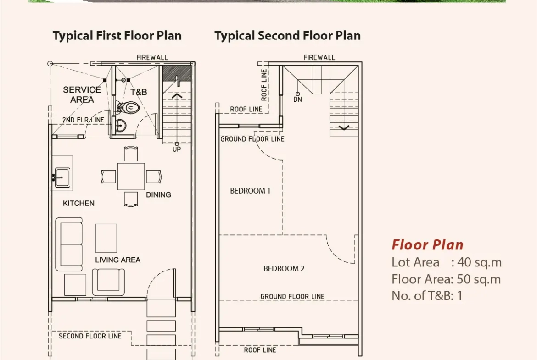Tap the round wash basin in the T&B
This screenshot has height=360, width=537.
[x=120, y=126]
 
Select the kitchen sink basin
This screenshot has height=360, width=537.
[x=62, y=177]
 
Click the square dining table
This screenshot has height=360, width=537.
[x=131, y=177]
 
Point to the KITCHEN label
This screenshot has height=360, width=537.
[x=78, y=203]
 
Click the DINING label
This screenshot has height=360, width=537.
[x=158, y=195]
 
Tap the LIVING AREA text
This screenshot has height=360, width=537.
[x=117, y=260]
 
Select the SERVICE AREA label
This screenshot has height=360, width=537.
[x=82, y=95]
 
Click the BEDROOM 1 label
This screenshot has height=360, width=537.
[x=250, y=191]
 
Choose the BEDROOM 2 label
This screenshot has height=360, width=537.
[x=284, y=269]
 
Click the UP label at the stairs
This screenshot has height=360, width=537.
[x=177, y=150]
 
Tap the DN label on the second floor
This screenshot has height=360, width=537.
[x=297, y=100]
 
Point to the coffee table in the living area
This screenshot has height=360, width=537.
[x=106, y=238]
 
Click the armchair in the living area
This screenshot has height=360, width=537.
[x=108, y=282]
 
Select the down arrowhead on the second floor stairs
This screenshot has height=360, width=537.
[x=344, y=128]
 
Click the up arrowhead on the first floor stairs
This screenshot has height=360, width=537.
[x=177, y=95]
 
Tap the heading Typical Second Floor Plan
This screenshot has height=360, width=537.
[x=287, y=36]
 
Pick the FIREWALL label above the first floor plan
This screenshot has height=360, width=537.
[x=152, y=57]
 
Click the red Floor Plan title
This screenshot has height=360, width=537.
[x=427, y=245]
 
